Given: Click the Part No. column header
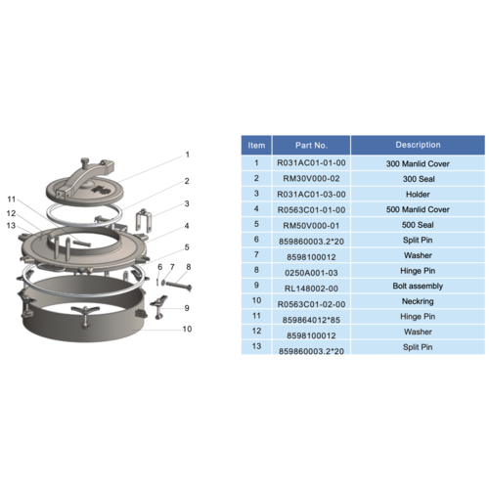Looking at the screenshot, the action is coord(311,145).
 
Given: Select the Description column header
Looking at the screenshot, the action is coord(418,145).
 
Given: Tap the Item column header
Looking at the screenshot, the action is coord(256,146).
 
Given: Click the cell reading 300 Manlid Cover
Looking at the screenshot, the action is coord(418,163).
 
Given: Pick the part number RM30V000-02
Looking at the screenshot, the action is coord(311,179).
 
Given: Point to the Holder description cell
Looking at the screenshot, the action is coord(418,195).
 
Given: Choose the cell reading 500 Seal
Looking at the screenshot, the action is coord(418,225).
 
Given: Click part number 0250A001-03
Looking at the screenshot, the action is coord(311,273).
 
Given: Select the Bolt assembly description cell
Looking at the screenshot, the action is coord(418,286).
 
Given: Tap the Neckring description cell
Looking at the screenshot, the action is coord(418,301).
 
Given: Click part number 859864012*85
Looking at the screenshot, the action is coord(311,320).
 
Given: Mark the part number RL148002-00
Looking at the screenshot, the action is coord(311,289).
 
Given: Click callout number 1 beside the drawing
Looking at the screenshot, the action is coord(188,155).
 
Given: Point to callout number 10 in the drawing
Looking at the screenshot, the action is coord(187,329).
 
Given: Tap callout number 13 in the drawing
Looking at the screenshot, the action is coord(11,226).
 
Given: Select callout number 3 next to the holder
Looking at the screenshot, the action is coord(187,203).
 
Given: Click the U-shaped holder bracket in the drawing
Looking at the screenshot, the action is coord(144,220).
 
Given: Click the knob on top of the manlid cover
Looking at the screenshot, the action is coord(85,162).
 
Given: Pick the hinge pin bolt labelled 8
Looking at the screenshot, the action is coord(178,286).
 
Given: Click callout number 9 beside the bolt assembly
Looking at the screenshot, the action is coord(187,308).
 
